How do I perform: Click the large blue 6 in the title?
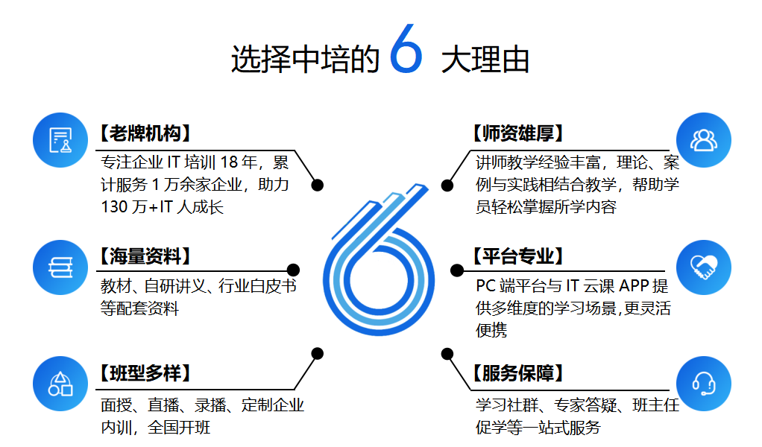point(406,50)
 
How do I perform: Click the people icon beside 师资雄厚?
point(703,140)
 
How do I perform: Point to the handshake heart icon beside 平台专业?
point(703,267)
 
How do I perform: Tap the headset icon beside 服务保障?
point(703,383)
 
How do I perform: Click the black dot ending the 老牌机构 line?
point(318,185)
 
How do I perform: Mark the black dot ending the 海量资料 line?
point(293,270)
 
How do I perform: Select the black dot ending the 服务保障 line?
point(447,353)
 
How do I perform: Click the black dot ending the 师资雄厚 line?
point(447,185)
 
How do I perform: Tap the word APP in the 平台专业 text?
point(634,286)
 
